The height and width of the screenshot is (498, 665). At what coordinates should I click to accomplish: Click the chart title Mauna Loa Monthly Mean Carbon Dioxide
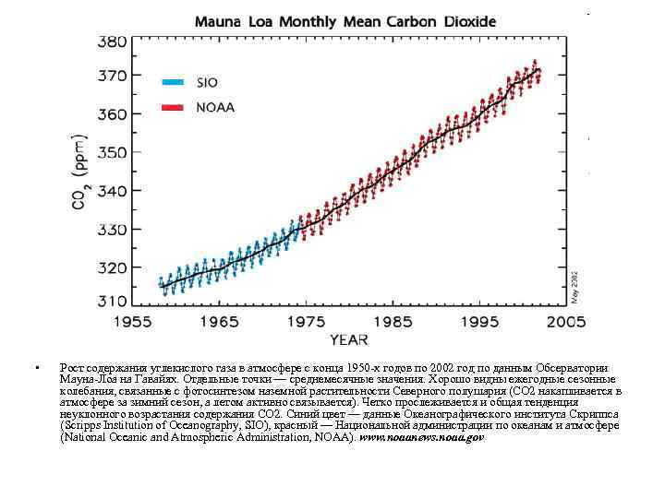(345, 20)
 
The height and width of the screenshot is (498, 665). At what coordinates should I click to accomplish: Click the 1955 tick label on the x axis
(133, 322)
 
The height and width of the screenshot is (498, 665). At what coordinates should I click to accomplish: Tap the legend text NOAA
(215, 107)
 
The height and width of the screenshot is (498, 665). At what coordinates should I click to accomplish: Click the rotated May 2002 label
(574, 286)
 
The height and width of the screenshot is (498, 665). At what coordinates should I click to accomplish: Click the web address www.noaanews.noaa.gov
(421, 437)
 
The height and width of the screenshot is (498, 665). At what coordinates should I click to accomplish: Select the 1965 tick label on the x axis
(220, 322)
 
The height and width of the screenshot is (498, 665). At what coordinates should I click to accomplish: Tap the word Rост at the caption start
(70, 367)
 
